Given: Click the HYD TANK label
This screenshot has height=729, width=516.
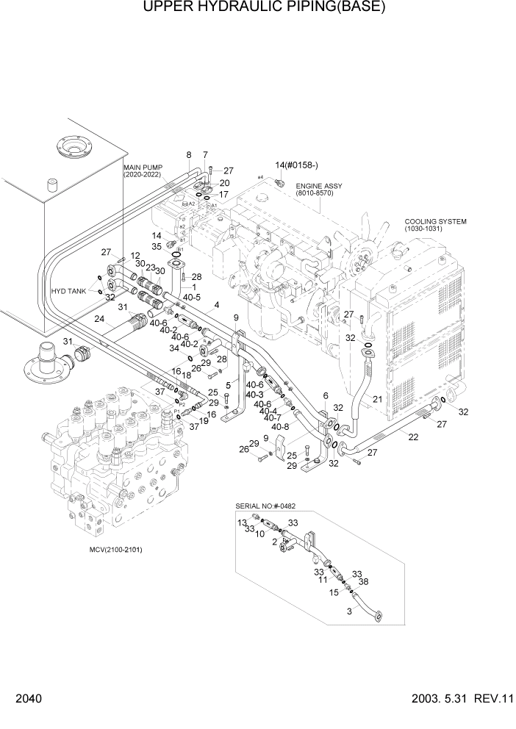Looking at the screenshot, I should click(x=68, y=292).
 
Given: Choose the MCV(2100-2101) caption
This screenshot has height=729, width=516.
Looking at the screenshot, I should click(x=110, y=550).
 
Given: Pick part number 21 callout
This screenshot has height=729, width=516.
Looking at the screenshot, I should click(x=377, y=399).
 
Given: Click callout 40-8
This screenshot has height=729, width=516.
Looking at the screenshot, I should click(x=280, y=427).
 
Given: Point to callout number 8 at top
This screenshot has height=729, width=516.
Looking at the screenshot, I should click(x=189, y=155).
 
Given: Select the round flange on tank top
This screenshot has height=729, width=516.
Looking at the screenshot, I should click(x=72, y=149).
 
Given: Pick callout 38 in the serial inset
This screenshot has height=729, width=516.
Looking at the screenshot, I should click(x=362, y=581).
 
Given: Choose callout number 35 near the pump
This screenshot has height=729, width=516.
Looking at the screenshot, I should click(x=157, y=246).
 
